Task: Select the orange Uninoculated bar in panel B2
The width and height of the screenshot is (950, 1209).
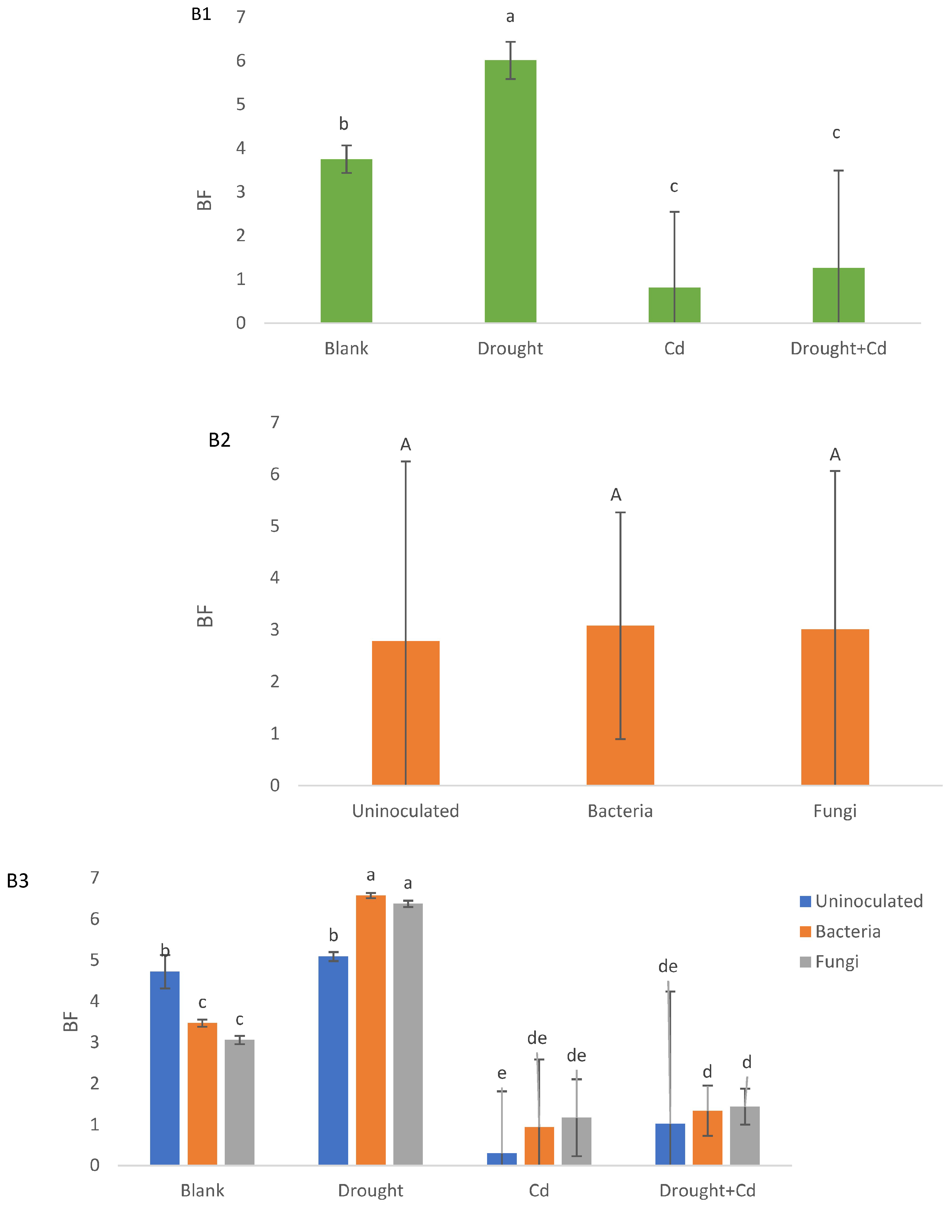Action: coord(405,713)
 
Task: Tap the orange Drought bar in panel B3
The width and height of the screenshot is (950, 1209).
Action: coord(370,1030)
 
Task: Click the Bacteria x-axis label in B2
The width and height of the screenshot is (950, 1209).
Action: coord(620,811)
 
